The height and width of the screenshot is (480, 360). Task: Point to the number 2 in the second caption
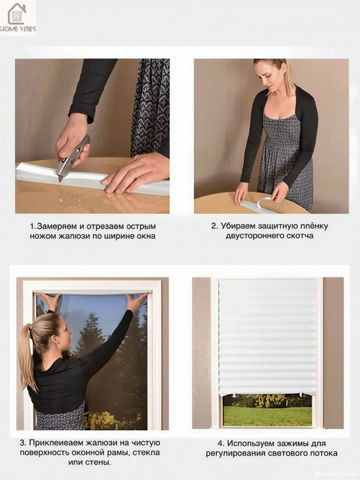214,226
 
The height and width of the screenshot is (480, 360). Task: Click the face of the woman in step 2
272,75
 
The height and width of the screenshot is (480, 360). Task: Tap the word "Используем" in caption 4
251,443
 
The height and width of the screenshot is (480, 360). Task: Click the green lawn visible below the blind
267,416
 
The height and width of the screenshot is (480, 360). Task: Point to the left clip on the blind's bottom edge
234,394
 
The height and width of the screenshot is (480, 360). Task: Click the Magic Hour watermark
336,474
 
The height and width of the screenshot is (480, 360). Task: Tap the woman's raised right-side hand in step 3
136,301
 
